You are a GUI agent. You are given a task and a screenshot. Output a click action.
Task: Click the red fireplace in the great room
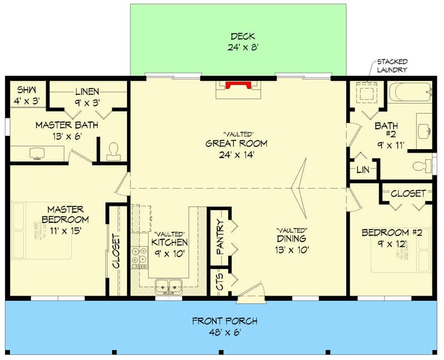238,85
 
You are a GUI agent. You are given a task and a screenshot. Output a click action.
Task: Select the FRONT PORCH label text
224,321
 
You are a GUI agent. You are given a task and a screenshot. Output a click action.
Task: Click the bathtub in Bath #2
410,92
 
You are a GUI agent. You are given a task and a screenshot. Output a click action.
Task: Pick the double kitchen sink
167,286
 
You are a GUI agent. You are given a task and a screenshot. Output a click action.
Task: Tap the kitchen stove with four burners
139,258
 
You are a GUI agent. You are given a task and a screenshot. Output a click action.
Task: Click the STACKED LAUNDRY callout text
392,65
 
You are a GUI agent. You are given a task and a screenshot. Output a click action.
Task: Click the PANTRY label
220,237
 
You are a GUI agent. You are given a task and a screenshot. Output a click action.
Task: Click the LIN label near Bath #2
362,170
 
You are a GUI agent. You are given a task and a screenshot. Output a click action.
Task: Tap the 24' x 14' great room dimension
236,155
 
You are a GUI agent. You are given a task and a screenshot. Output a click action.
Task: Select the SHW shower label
24,90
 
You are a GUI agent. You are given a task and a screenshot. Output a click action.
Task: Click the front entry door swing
249,292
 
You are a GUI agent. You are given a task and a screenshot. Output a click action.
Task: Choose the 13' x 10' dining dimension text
292,250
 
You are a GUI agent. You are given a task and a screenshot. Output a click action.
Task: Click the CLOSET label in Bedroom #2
408,194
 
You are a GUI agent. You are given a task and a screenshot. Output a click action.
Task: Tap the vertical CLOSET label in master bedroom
116,251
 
